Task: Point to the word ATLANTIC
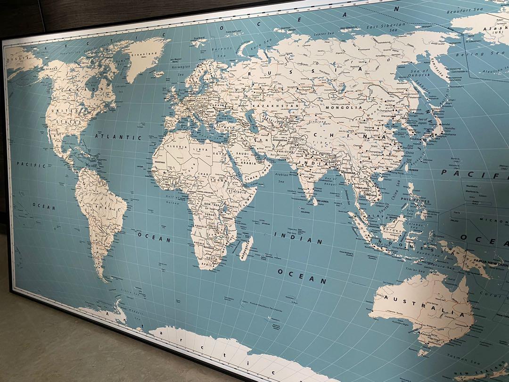[x=118, y=137]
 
